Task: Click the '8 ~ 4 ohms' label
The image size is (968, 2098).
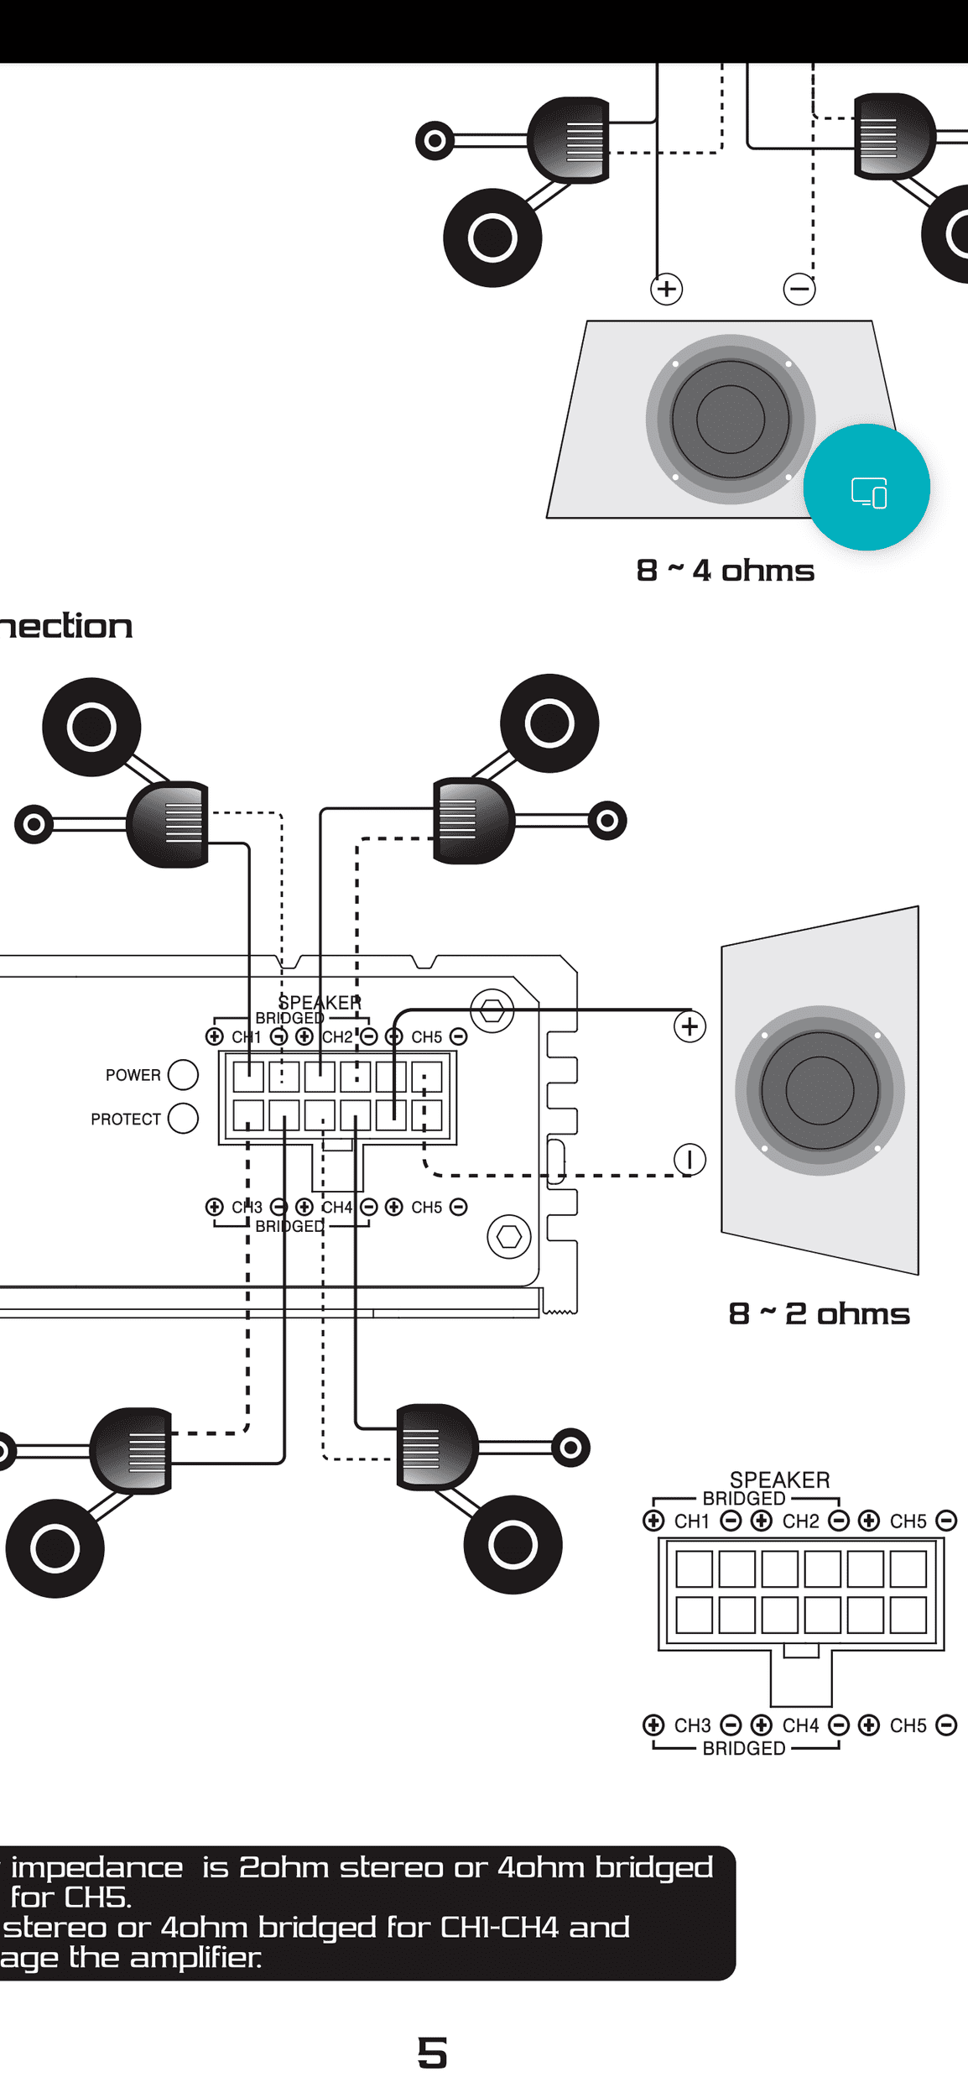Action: pos(725,571)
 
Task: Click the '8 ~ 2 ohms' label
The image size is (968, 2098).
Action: pos(819,1313)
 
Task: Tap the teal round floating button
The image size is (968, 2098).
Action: pos(867,488)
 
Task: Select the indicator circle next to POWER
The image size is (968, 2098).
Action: pos(183,1074)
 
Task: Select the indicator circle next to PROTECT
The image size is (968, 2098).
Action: pos(183,1118)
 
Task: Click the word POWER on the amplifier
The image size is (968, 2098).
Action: pos(133,1075)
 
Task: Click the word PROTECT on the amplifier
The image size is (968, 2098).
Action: pos(125,1119)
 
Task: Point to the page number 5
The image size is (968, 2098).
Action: pos(432,2053)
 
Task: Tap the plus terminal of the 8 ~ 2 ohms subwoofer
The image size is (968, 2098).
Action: pos(690,1026)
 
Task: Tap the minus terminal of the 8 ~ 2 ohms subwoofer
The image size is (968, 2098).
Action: pos(690,1160)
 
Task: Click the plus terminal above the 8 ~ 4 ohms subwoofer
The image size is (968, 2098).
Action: pos(666,290)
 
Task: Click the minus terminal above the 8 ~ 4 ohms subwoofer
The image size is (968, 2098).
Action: pos(799,290)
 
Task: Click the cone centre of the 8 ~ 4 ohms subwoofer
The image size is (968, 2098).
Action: pos(730,420)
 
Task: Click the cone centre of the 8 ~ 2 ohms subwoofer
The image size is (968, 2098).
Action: pos(820,1090)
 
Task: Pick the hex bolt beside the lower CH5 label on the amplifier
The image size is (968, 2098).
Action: pos(509,1236)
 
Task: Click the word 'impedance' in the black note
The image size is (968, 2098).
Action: pos(96,1868)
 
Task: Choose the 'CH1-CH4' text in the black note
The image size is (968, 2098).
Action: pos(499,1928)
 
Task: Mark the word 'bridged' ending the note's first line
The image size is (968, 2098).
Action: pos(654,1868)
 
